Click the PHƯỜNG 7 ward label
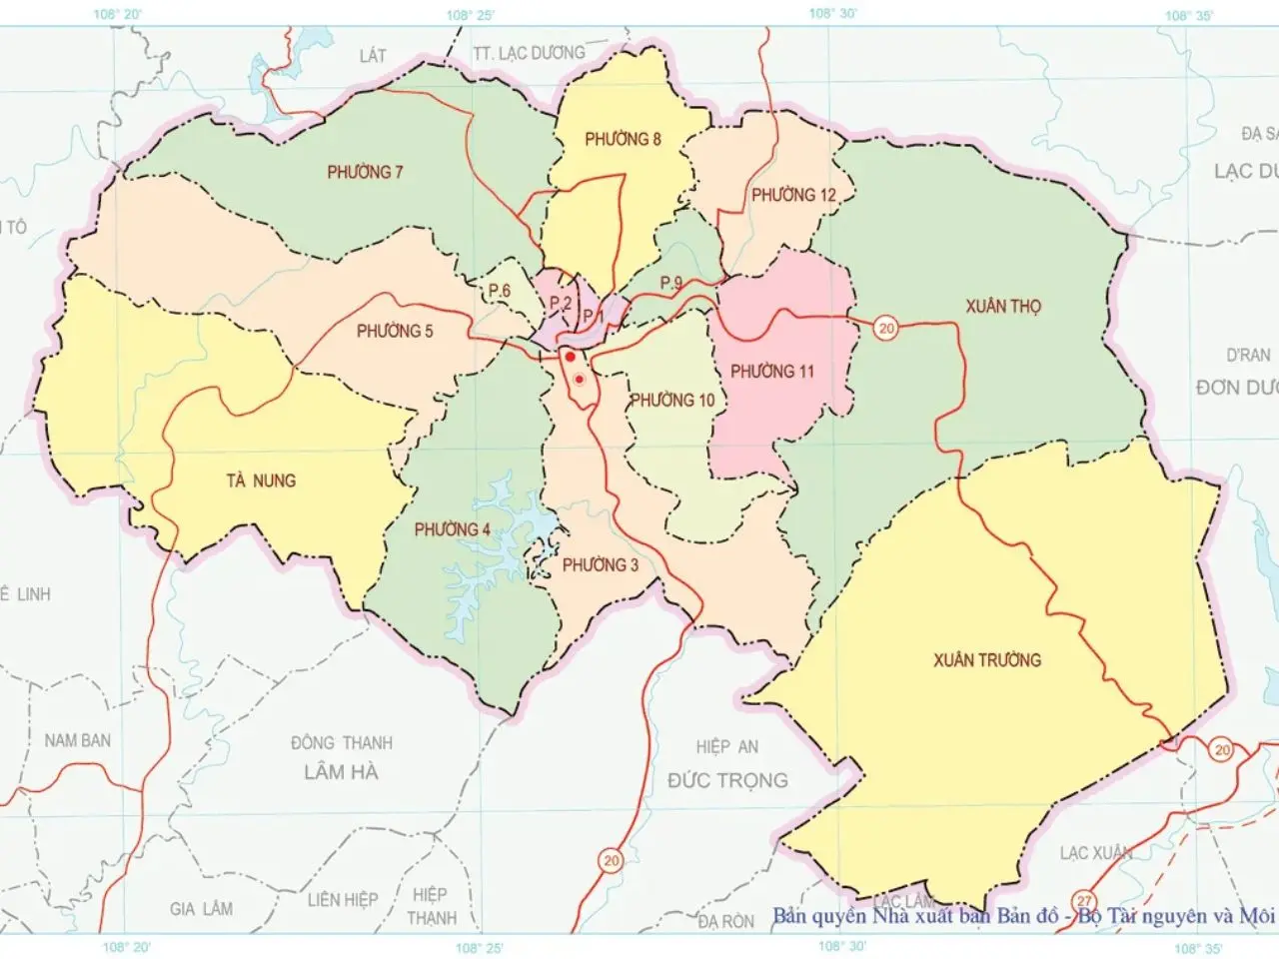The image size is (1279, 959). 365,172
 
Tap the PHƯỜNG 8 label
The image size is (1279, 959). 623,139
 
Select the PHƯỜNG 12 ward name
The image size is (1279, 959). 793,195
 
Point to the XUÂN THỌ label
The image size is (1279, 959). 1002,306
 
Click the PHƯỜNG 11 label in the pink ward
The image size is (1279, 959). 771,372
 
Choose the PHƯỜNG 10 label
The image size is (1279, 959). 671,401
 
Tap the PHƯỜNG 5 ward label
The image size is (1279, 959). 395,331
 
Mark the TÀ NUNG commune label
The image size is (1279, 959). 261,480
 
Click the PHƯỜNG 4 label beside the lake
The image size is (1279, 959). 452,529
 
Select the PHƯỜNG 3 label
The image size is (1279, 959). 600,565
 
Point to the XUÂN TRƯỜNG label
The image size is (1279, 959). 986,659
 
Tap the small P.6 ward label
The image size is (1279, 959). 500,290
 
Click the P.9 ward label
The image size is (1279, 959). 670,284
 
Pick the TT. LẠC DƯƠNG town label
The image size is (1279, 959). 529,53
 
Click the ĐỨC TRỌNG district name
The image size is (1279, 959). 727,780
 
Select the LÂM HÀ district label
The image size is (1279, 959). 341,771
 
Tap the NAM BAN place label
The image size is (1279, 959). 77,740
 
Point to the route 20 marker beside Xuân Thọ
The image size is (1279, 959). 884,328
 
